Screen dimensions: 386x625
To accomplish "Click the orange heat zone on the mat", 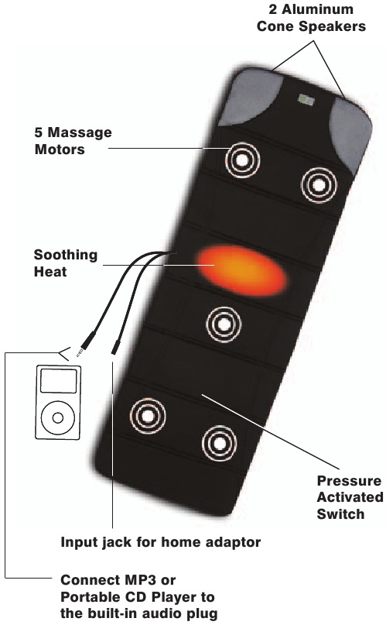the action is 242,270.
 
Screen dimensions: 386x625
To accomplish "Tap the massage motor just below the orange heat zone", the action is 224,324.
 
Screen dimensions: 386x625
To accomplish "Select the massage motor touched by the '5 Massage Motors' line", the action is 242,160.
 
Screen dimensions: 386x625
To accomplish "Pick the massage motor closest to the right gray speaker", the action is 319,184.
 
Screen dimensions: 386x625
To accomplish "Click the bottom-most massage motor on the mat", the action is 219,443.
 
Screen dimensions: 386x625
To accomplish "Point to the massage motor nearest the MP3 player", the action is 148,416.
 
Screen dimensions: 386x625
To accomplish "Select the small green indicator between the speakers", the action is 306,99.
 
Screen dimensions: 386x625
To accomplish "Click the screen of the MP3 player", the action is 59,381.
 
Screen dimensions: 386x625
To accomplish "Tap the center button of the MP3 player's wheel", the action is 58,417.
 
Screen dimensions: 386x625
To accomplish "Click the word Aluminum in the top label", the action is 311,9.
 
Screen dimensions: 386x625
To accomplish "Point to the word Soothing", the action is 66,256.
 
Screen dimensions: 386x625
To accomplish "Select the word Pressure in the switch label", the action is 349,481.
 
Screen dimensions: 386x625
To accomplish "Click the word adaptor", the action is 233,542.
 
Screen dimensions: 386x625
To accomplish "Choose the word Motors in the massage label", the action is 60,149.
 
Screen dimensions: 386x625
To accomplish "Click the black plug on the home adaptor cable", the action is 115,348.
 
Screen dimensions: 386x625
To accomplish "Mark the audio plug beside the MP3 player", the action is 86,343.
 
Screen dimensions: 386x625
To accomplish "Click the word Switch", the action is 340,514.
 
